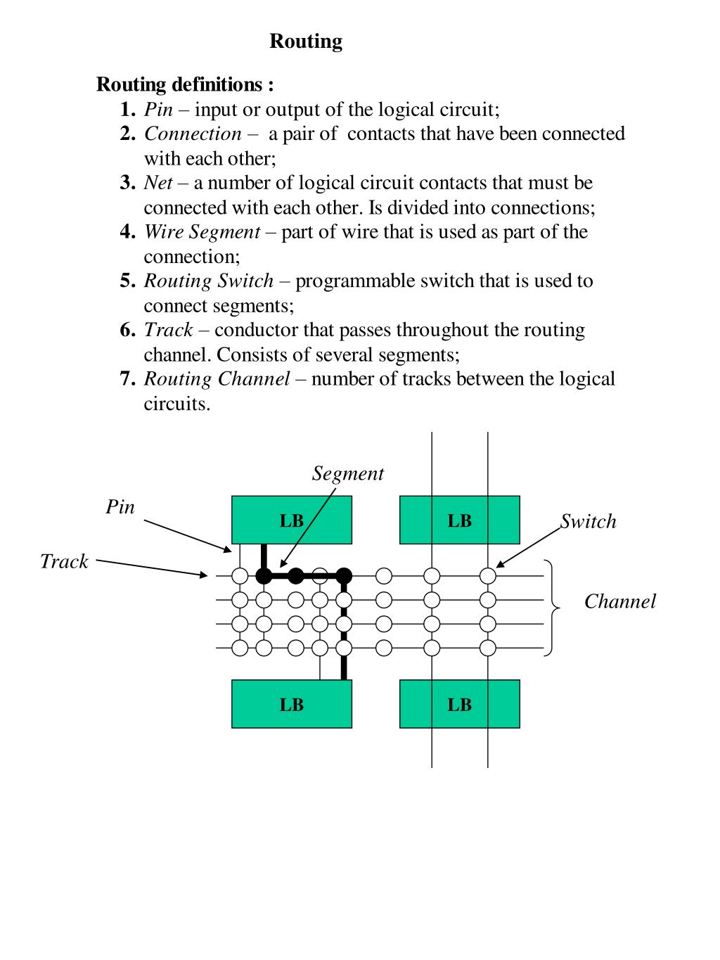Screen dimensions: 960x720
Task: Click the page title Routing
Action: tap(306, 41)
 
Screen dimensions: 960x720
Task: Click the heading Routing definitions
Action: tap(185, 85)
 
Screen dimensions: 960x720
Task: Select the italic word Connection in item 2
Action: tap(193, 134)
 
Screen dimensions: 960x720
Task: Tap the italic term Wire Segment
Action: tap(202, 232)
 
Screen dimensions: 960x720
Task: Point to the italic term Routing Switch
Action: tap(209, 281)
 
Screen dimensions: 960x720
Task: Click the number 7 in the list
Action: tap(127, 379)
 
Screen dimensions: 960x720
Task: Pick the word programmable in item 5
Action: tap(355, 281)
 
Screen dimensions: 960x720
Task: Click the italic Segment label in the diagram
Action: tap(348, 473)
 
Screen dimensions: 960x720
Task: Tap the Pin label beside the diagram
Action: tap(120, 507)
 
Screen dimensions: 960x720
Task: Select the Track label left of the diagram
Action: tap(64, 561)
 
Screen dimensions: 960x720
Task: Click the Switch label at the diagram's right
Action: tap(589, 521)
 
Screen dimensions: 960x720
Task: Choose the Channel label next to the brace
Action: tap(619, 601)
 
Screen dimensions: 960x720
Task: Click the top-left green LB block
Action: tap(291, 520)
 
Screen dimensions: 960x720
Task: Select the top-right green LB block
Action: tap(459, 520)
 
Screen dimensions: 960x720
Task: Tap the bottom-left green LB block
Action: tap(291, 704)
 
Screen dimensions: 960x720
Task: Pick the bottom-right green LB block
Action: tap(459, 704)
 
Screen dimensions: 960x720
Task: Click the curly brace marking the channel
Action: tap(552, 608)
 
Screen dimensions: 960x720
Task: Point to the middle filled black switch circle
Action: tap(296, 576)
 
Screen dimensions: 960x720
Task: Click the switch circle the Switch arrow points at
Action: tap(488, 576)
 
